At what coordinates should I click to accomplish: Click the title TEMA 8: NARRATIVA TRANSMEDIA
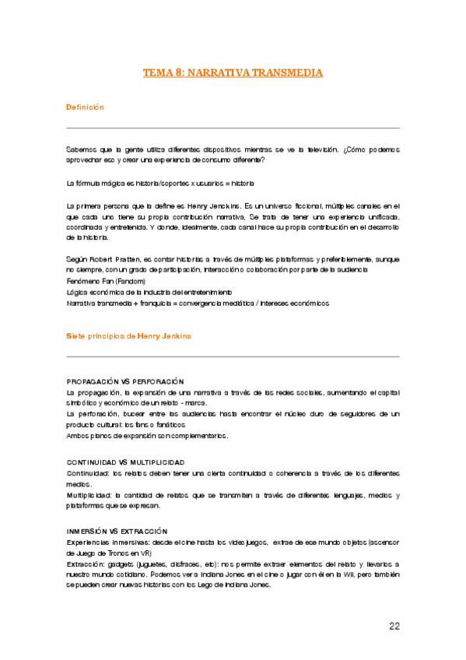[x=233, y=72]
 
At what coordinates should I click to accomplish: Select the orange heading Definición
[x=85, y=107]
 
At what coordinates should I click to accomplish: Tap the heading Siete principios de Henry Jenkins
[x=128, y=335]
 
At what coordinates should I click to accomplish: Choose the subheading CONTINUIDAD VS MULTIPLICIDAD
[x=125, y=462]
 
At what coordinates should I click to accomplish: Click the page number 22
[x=394, y=626]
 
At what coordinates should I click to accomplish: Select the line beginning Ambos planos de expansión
[x=146, y=436]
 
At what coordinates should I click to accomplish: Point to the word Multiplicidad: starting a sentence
[x=89, y=495]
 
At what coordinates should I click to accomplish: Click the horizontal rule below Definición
[x=233, y=128]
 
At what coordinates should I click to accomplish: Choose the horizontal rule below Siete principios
[x=233, y=356]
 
